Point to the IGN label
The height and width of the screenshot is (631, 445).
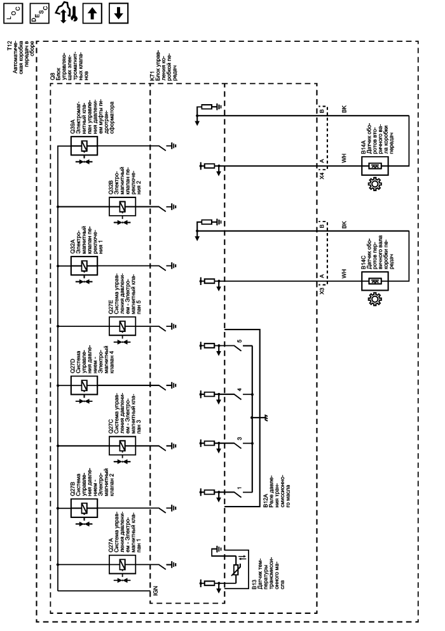pyautogui.click(x=154, y=592)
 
